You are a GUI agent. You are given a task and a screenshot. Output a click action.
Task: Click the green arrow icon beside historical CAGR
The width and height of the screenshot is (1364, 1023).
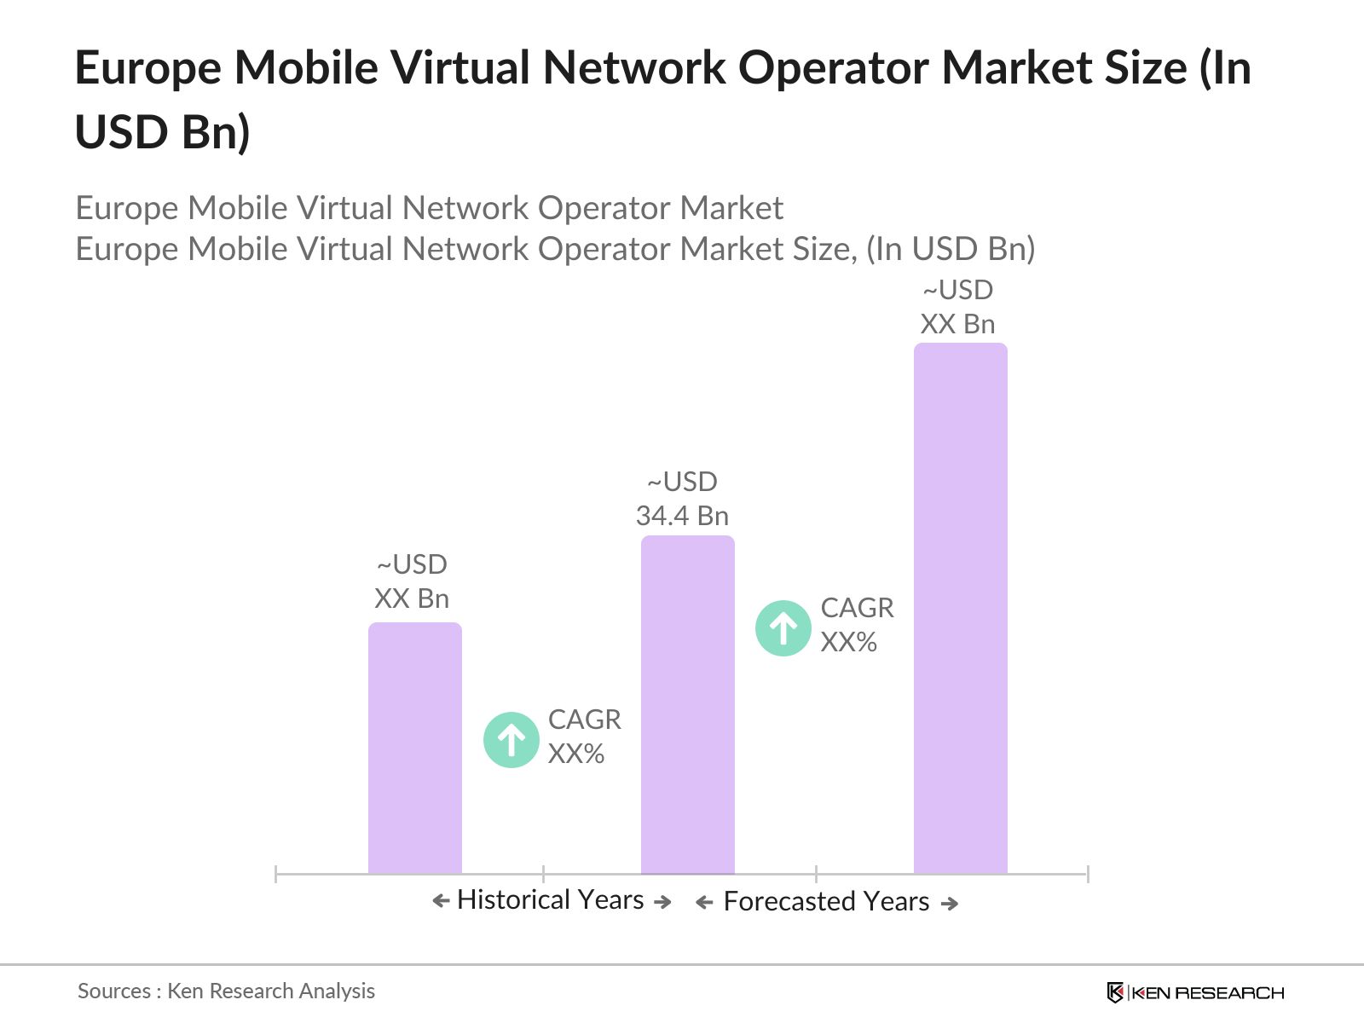pos(511,739)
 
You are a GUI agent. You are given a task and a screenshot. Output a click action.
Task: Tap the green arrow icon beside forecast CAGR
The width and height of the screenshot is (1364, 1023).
pos(783,628)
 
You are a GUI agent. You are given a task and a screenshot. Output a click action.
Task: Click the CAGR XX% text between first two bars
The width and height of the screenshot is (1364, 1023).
pos(584,737)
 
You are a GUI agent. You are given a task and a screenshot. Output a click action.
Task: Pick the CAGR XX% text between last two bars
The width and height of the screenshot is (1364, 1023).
pos(856,625)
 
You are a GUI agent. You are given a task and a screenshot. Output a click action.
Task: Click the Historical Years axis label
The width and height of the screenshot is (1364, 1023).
pos(551,899)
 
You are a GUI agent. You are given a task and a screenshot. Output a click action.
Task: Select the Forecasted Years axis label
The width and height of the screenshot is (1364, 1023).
pos(826,901)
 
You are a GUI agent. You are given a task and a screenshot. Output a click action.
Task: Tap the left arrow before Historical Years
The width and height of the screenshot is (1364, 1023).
pos(441,900)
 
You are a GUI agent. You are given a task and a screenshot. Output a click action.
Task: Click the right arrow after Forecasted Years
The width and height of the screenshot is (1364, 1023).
pos(950,903)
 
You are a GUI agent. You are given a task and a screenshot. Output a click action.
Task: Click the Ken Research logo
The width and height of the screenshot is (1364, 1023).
pos(1194,992)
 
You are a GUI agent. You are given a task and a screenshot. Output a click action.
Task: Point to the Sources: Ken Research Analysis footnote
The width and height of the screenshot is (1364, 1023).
pos(226,991)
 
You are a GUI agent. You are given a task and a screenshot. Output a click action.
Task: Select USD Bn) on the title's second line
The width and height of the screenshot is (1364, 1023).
pos(162,132)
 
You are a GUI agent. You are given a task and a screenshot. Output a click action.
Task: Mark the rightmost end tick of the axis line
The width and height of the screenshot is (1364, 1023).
pos(1088,873)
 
